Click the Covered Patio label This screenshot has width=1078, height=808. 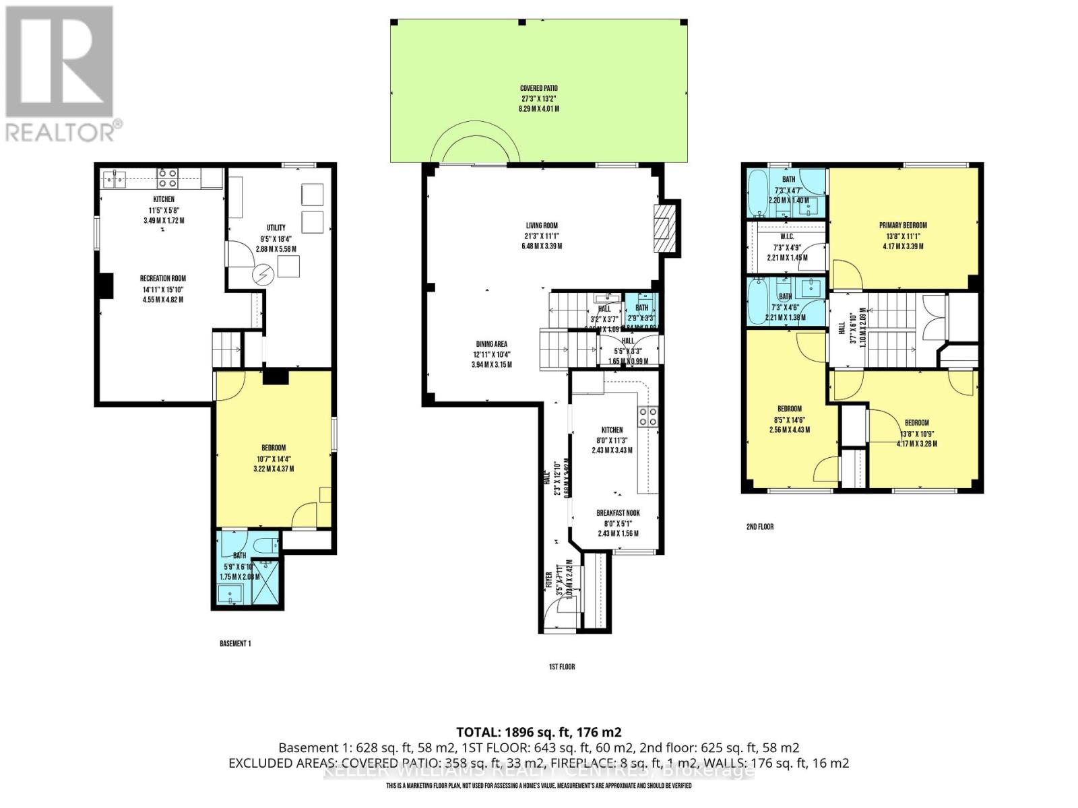[x=538, y=88]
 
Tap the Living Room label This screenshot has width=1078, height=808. [x=542, y=226]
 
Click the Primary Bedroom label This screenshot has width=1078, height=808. [x=903, y=226]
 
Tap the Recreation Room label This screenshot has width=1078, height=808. [x=162, y=279]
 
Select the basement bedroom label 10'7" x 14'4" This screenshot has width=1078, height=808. [x=273, y=448]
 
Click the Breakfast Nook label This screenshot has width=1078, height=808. [x=617, y=513]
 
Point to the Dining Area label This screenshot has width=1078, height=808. [x=491, y=344]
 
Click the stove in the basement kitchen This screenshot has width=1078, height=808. [x=167, y=178]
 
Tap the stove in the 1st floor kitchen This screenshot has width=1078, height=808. [x=648, y=417]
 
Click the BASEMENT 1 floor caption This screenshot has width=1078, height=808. [x=234, y=644]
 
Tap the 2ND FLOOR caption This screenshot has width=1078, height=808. [x=759, y=527]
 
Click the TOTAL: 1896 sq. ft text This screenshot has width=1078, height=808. [x=538, y=732]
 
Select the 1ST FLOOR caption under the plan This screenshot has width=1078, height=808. [x=561, y=667]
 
